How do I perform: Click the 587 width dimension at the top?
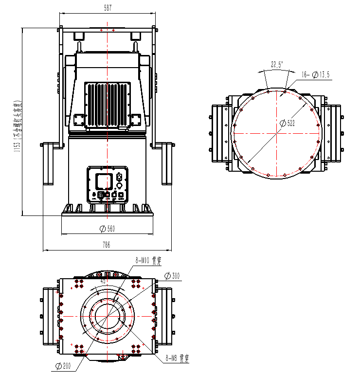108,7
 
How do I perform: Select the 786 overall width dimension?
106,245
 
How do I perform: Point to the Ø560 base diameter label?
107,229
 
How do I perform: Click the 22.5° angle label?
277,64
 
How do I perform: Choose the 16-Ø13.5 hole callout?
316,74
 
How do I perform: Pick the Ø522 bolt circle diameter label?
288,123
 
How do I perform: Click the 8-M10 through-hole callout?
148,260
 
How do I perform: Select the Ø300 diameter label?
172,276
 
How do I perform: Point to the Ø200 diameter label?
64,366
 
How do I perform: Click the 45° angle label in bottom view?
103,281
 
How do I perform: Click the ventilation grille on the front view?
108,105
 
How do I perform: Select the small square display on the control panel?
103,181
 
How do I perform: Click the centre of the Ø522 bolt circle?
276,133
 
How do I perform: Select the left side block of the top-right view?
219,133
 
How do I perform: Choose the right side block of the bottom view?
165,316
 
